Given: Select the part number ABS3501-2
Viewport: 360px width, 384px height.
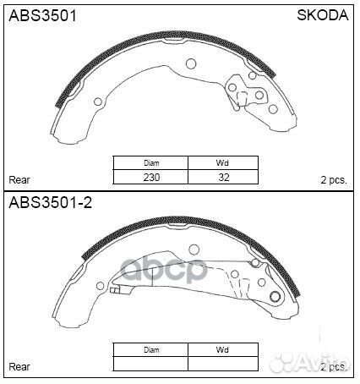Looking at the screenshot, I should [48, 203].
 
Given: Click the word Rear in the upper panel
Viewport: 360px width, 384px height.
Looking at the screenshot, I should [19, 179].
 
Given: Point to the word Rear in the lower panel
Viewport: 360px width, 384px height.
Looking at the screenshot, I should [19, 366].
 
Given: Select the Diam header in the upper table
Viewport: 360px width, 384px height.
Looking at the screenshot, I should [151, 164].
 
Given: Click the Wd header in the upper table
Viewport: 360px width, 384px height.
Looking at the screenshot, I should [221, 164].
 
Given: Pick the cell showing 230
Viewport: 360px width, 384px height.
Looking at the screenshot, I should [151, 178].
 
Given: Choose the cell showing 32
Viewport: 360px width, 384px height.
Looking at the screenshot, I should [221, 178].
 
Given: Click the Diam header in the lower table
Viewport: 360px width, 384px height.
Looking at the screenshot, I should [151, 350].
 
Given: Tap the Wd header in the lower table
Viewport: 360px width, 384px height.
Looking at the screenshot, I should [221, 350].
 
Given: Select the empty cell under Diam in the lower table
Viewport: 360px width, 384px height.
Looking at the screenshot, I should [151, 364].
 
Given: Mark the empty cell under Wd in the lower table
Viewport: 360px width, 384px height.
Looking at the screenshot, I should [221, 364].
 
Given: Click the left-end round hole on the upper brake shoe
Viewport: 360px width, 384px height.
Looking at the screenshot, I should [98, 102].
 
